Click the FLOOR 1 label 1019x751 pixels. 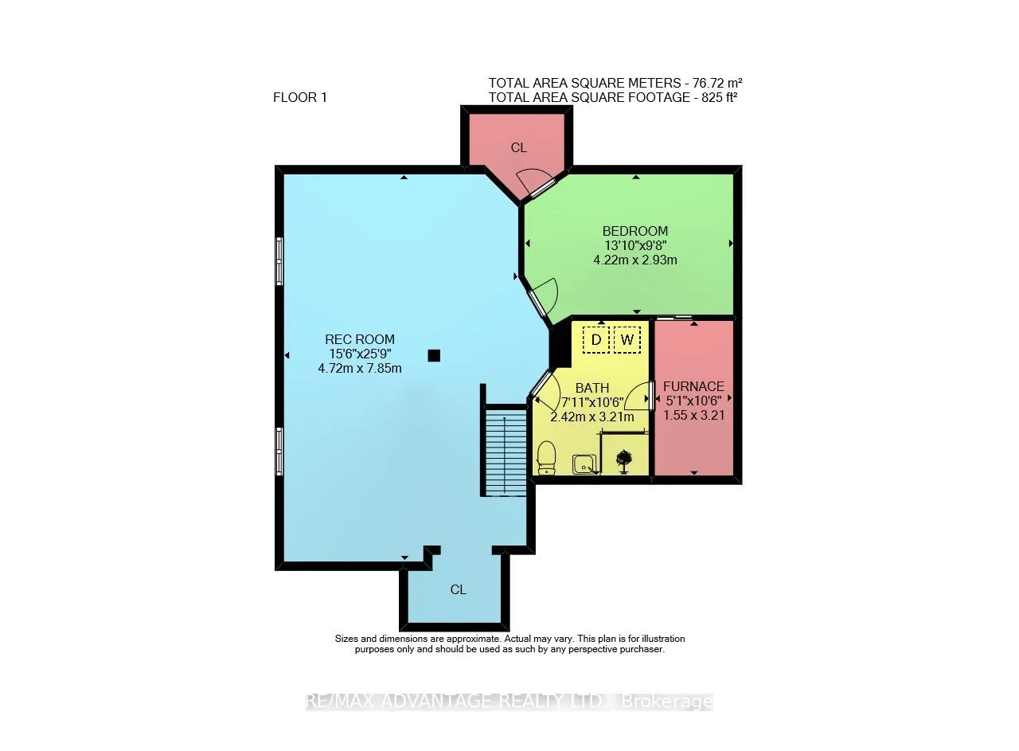tap(300, 97)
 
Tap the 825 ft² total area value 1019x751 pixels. tap(719, 97)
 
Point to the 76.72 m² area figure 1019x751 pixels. tap(717, 83)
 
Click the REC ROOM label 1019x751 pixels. tap(359, 339)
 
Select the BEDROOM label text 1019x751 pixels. tap(635, 231)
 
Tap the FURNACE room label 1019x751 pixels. tap(693, 386)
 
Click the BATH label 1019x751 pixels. tap(591, 388)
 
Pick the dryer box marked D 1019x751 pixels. tap(596, 339)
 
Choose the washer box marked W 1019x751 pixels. tap(627, 339)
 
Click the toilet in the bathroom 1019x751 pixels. tap(546, 459)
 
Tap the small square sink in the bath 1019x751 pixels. tap(584, 464)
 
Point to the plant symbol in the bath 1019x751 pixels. tap(623, 461)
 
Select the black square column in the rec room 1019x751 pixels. tap(434, 355)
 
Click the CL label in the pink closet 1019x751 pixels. tap(518, 147)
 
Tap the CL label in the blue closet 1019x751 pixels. tap(458, 589)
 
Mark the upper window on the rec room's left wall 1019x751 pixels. tap(279, 261)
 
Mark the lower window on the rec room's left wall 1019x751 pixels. tap(279, 451)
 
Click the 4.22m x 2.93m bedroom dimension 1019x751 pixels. tap(635, 260)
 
